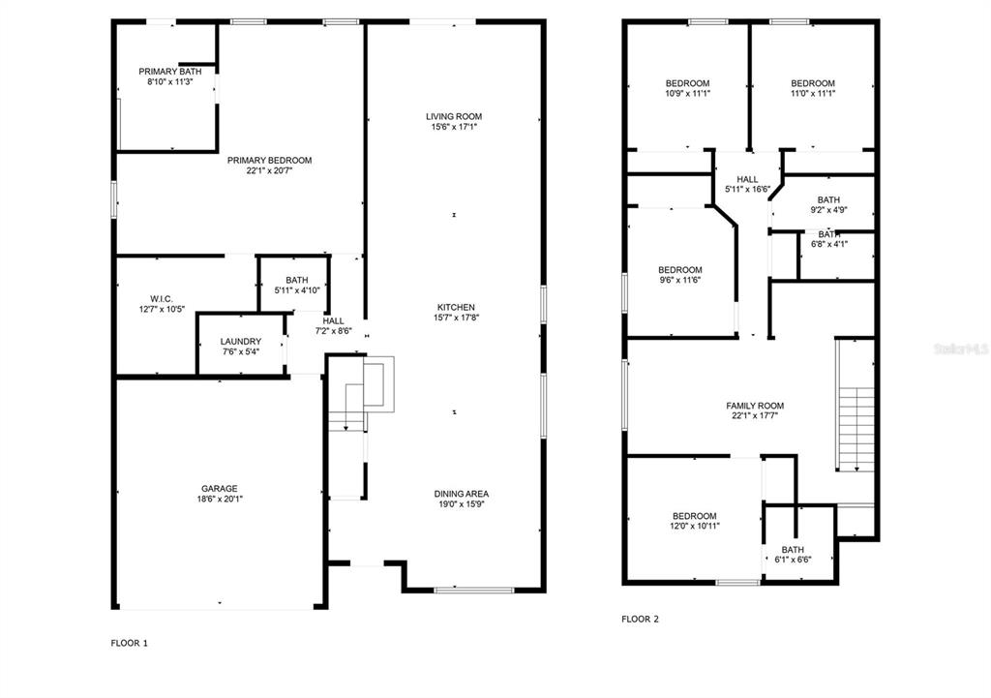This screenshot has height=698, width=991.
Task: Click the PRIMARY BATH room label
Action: (170, 72)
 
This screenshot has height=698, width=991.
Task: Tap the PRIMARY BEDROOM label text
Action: (270, 160)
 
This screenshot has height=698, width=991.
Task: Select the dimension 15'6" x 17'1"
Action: (454, 127)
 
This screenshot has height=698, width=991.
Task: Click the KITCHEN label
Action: (456, 307)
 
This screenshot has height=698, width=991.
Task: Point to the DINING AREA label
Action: (462, 494)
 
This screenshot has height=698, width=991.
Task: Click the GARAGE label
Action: (220, 488)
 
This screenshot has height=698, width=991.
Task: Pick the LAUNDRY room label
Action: (241, 342)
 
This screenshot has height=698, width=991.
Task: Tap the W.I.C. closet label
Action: (162, 298)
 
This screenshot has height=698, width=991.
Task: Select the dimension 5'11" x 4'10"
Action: (297, 290)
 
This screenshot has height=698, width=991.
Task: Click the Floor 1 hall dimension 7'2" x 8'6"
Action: (334, 331)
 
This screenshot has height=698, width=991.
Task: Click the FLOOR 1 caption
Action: (129, 643)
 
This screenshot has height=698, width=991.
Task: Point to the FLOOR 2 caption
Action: (641, 619)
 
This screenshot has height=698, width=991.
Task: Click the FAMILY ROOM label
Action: (755, 406)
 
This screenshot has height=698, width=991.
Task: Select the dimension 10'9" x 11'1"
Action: (688, 93)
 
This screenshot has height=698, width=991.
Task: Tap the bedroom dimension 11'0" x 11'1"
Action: (813, 93)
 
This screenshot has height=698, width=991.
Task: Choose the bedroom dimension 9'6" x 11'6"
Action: (680, 280)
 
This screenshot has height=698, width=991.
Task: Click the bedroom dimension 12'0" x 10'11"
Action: (695, 526)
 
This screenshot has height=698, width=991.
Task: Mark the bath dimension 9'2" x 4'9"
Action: (828, 210)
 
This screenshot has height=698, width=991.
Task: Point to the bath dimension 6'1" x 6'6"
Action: (794, 560)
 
